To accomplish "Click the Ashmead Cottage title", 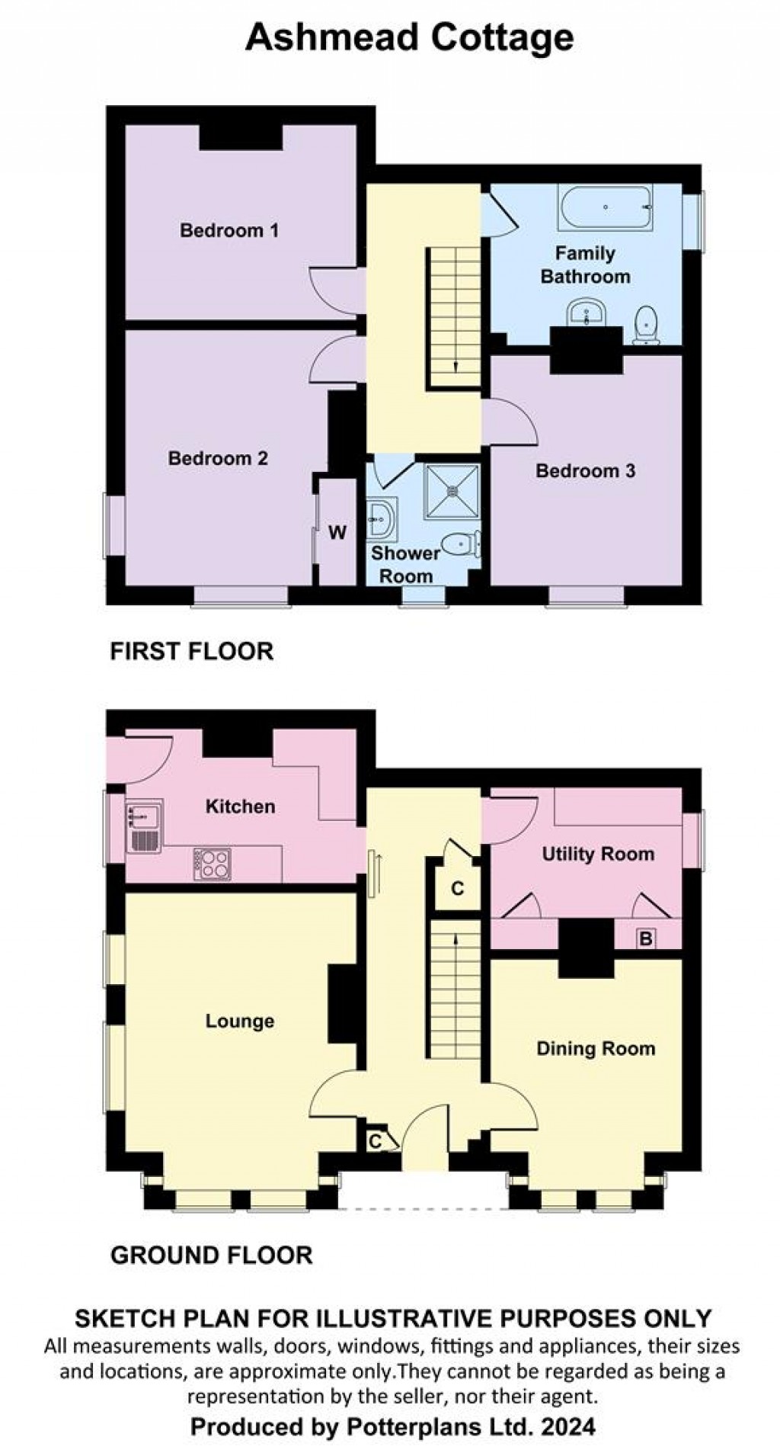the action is [x=409, y=37].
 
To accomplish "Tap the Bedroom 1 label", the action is [x=229, y=230].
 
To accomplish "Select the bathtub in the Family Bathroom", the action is [x=605, y=207].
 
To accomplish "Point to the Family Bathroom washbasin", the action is [x=586, y=312].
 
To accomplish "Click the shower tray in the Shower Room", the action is [x=452, y=491].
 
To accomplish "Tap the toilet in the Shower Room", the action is [x=462, y=544].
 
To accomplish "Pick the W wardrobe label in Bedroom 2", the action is [x=337, y=532].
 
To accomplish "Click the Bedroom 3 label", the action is [x=585, y=471].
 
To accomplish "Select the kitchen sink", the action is [x=144, y=826].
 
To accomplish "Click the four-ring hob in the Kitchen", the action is [x=213, y=864].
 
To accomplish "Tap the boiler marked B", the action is [x=646, y=938].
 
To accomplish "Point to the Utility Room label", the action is [x=598, y=854].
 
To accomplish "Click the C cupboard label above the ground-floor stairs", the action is [x=458, y=889].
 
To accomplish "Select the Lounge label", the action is [x=240, y=1021].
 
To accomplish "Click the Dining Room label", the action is [x=596, y=1049].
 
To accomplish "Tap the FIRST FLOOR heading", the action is [x=192, y=651].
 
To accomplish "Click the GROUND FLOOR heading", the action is [x=212, y=1255].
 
